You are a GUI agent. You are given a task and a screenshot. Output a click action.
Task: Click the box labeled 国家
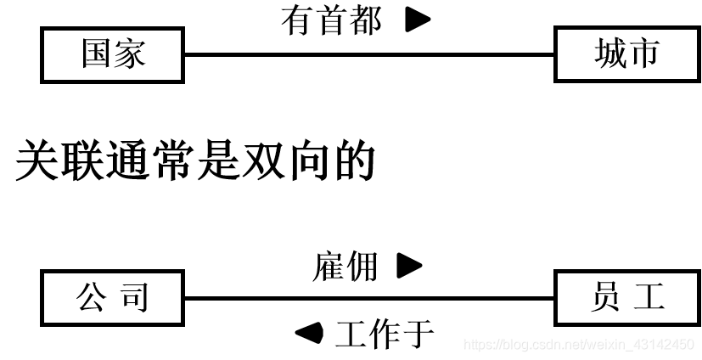[x=112, y=54]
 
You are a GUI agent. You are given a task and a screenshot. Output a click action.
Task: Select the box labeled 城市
[x=626, y=54]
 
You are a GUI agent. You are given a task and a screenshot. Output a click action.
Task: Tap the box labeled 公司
[x=112, y=298]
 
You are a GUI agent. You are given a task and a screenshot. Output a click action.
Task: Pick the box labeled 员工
[x=626, y=298]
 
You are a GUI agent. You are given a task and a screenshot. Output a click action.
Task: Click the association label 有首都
[x=332, y=20]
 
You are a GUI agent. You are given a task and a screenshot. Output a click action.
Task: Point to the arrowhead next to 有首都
[x=417, y=20]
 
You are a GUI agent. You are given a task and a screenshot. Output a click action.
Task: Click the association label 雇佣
[x=345, y=267]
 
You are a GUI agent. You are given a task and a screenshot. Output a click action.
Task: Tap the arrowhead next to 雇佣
[x=409, y=267]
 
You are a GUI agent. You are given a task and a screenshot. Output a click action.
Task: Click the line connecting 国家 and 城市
[x=368, y=55]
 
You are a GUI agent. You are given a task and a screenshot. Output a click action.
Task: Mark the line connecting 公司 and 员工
[x=368, y=298]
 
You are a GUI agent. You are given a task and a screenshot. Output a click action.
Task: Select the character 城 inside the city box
[x=609, y=54]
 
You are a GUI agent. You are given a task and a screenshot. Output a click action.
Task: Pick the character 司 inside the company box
[x=134, y=298]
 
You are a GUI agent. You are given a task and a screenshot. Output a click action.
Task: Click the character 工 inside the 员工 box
[x=648, y=298]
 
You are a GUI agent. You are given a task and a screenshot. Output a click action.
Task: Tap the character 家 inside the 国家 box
[x=129, y=54]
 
